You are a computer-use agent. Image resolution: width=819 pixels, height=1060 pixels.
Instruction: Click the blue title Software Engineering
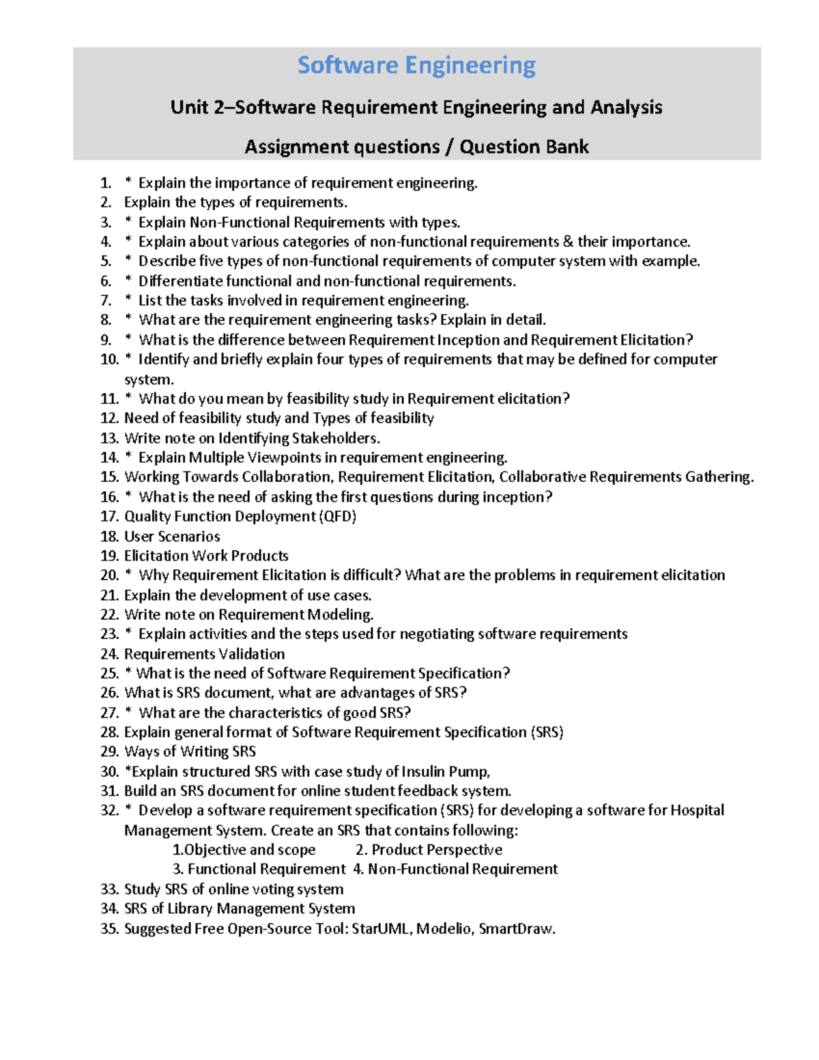click(416, 66)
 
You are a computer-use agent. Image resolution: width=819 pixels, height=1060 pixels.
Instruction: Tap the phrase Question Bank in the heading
click(523, 147)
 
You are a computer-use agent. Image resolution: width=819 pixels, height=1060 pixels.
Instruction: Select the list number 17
click(109, 517)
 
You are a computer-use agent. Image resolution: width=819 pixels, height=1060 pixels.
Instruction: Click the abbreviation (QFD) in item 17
click(338, 517)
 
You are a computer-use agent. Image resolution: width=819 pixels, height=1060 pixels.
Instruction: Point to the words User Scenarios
click(172, 536)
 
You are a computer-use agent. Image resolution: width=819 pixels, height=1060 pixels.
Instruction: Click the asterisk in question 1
click(128, 184)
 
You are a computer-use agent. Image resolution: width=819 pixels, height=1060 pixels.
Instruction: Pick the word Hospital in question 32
click(697, 810)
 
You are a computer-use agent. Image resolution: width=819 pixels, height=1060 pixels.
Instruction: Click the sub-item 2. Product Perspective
click(429, 850)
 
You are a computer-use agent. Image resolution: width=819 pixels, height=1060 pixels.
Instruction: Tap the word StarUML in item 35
click(382, 928)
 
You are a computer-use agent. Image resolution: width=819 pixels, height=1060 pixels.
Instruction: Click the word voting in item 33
click(272, 889)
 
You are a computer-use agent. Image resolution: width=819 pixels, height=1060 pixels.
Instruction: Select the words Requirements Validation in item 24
click(204, 654)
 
